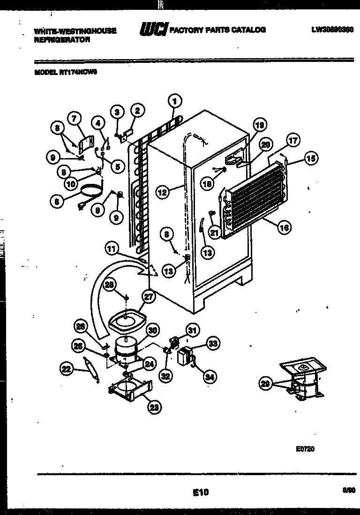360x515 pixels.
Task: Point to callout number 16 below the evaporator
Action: pyautogui.click(x=284, y=227)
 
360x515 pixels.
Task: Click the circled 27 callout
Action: pyautogui.click(x=149, y=296)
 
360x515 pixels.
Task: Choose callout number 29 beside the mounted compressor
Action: pyautogui.click(x=266, y=384)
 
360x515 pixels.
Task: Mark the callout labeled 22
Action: pyautogui.click(x=67, y=370)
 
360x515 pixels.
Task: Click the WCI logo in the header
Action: pyautogui.click(x=153, y=30)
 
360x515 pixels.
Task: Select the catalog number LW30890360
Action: pyautogui.click(x=332, y=29)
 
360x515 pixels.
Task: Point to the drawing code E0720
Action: pyautogui.click(x=305, y=448)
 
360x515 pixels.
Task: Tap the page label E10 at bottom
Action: pyautogui.click(x=200, y=492)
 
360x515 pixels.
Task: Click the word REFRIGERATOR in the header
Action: pyautogui.click(x=62, y=40)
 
